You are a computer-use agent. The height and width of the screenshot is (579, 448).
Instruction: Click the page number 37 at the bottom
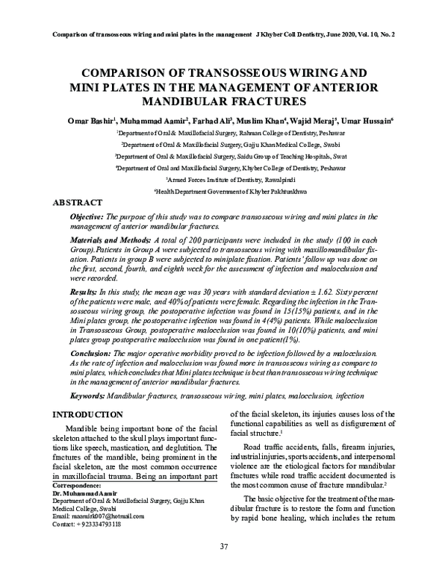pyautogui.click(x=223, y=548)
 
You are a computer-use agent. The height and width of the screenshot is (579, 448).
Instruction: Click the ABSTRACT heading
pyautogui.click(x=78, y=202)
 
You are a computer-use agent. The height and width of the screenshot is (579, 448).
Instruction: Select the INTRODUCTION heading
pyautogui.click(x=86, y=415)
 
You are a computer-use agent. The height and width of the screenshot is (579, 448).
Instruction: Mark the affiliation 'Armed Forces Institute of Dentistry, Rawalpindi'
pyautogui.click(x=225, y=181)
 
